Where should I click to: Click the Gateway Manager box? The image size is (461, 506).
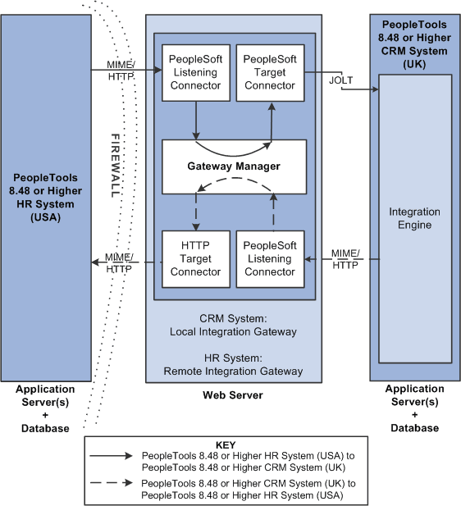[234, 166]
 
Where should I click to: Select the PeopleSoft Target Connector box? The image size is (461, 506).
[271, 73]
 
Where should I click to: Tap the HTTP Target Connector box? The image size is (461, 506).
[196, 258]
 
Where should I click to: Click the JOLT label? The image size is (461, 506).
[340, 80]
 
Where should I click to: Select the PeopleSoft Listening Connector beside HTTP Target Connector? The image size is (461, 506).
[271, 258]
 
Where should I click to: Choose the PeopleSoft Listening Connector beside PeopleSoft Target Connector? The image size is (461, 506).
[196, 73]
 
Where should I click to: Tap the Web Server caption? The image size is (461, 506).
[233, 395]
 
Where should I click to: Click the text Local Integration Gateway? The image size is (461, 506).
[234, 331]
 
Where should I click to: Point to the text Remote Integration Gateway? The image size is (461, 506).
[234, 371]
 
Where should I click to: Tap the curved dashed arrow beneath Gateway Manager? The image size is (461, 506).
[234, 191]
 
